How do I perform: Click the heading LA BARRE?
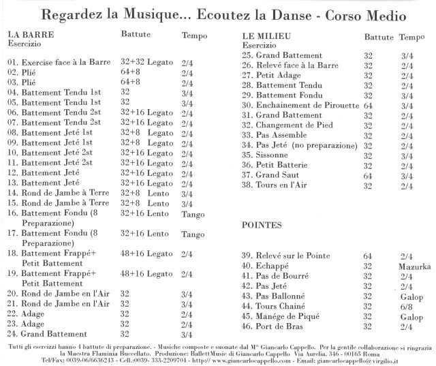(x=29, y=33)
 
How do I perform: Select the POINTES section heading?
(x=263, y=224)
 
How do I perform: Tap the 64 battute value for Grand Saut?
(x=369, y=175)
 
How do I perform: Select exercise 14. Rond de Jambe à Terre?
(x=57, y=193)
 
